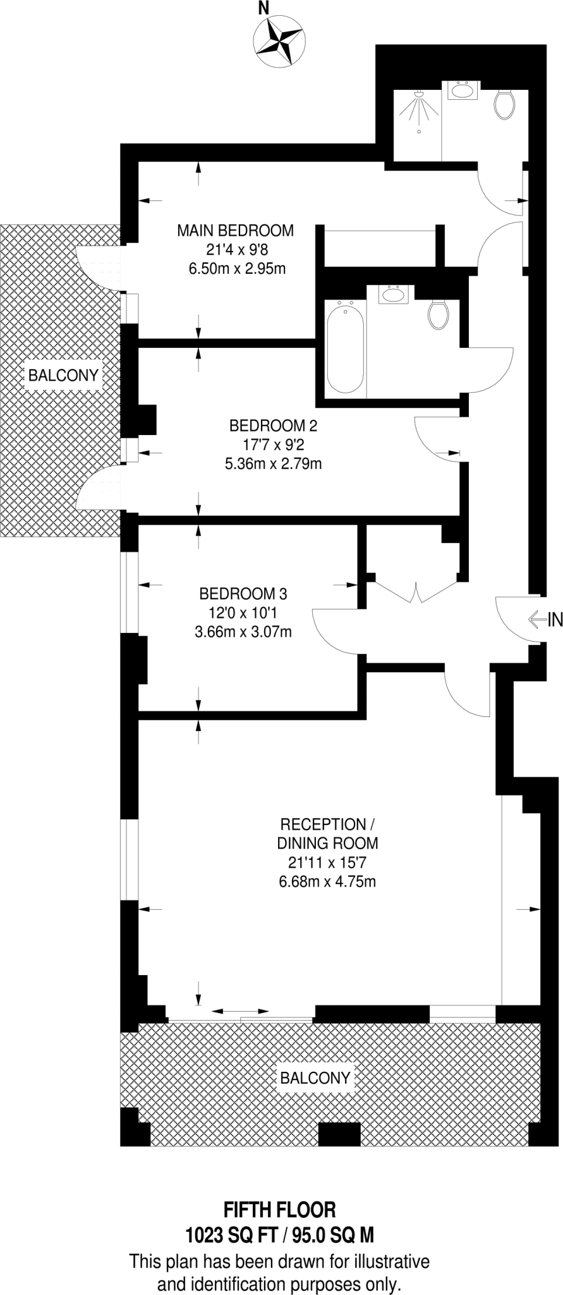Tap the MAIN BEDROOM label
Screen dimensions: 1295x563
point(235,231)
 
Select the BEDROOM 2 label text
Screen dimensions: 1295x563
point(273,424)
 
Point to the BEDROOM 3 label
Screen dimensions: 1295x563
point(243,594)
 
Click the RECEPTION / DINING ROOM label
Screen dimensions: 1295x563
point(327,833)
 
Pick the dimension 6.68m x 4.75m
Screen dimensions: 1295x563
point(327,881)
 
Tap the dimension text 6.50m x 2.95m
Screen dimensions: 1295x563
point(237,269)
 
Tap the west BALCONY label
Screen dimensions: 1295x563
point(63,376)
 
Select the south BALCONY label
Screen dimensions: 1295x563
point(315,1077)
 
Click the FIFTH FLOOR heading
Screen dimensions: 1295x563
point(280,1210)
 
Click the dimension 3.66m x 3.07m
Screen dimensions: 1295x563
point(243,631)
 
